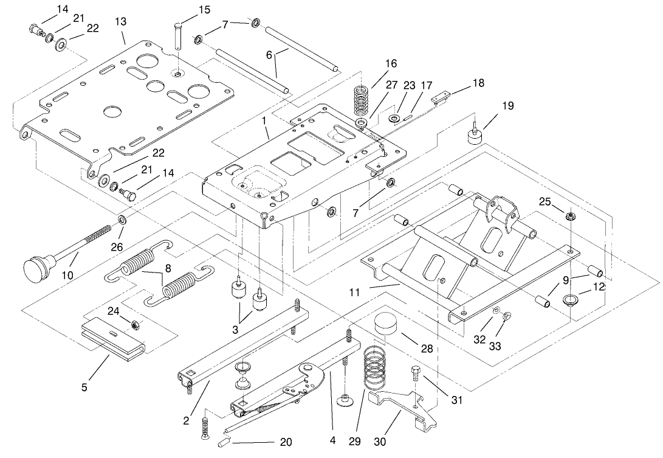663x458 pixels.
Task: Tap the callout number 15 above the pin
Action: point(204,10)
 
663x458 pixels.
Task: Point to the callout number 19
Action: point(507,106)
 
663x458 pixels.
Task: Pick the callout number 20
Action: point(286,443)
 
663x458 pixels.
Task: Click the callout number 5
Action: point(84,386)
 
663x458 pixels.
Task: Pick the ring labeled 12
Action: point(571,299)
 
